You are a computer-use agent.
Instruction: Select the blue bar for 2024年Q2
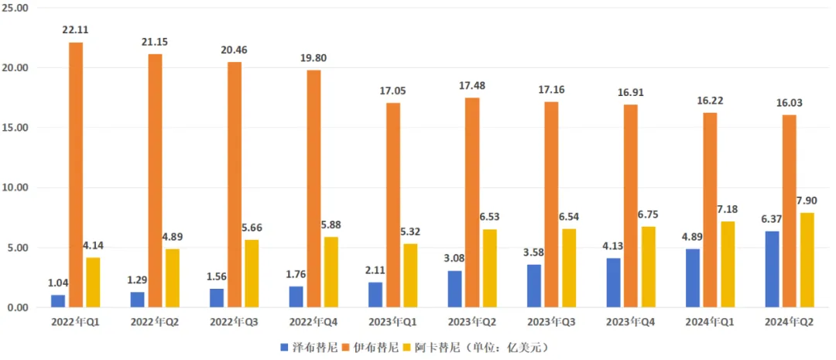pos(772,269)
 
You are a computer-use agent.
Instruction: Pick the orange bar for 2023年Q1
pos(393,205)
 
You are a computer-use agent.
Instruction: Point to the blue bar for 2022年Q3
pos(216,298)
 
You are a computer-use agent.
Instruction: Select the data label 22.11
pos(76,30)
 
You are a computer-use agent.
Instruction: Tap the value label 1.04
pos(57,283)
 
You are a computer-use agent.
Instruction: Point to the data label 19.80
pos(313,57)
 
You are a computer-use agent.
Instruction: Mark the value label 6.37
pos(771,219)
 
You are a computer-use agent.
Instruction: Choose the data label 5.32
pos(411,231)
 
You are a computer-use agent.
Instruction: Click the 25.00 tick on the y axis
pos(16,8)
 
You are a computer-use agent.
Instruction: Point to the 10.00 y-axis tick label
pos(16,188)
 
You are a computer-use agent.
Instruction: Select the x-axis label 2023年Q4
pos(630,321)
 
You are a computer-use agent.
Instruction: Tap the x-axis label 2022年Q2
pos(155,321)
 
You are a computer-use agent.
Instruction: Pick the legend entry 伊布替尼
pos(378,348)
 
